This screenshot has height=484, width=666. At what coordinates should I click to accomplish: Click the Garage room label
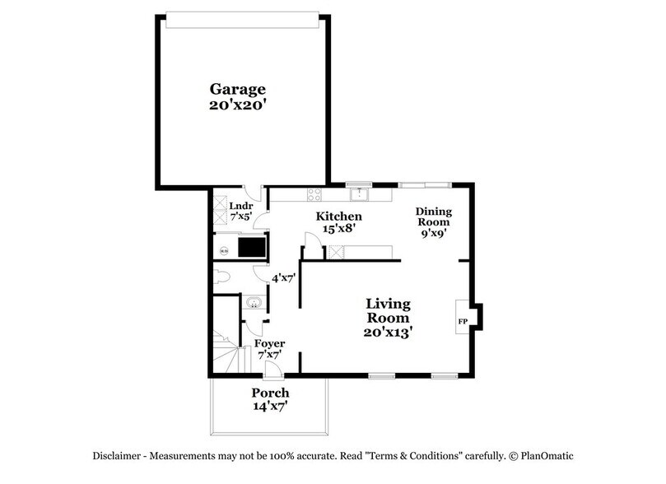coord(237,89)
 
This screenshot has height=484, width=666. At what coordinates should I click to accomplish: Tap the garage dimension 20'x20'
coord(237,105)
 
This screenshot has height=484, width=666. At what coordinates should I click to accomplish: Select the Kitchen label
coord(339,216)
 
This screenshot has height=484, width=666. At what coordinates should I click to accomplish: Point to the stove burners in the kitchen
coord(314,194)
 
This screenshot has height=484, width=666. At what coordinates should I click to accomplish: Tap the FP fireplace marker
coord(463,319)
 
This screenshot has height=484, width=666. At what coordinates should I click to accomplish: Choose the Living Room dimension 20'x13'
coord(389,333)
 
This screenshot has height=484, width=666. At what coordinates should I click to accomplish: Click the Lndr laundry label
coord(240,206)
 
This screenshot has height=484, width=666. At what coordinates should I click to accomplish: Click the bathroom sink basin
coord(254,305)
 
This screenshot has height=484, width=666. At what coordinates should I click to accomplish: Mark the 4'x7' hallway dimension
coord(284,277)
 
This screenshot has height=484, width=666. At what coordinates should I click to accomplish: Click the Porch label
coord(270,393)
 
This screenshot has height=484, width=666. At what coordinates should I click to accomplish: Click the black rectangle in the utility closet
coord(252,246)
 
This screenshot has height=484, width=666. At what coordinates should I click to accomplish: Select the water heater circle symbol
coord(222,246)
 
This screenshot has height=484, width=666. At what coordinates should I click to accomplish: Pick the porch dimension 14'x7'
coord(270,406)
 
